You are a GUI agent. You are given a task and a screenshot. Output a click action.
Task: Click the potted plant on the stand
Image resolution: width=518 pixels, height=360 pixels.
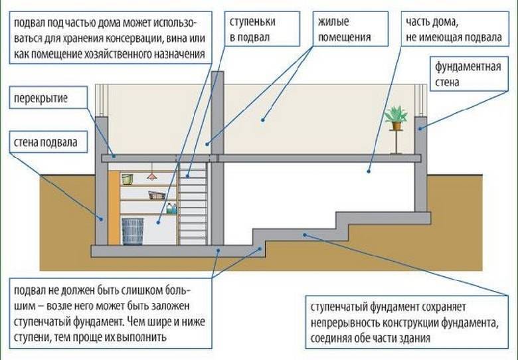coord(396,118)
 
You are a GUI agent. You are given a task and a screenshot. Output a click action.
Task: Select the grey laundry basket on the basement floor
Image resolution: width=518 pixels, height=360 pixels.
coord(132,230)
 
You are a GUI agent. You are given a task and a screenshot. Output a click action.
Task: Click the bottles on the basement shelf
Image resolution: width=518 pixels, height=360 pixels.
coord(171,209)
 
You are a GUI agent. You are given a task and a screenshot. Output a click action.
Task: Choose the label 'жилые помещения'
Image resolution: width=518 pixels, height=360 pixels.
coord(344,30)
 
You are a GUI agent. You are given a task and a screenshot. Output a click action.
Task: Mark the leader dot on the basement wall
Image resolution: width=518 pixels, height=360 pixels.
coord(101,217)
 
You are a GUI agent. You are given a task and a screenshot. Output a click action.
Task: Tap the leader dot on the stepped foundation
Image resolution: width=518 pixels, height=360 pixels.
coord(305,234)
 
